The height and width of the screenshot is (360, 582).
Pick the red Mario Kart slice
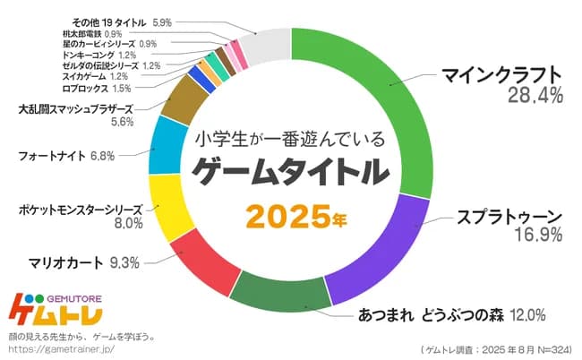(x=205, y=268)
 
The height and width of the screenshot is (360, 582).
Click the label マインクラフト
(x=501, y=74)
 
